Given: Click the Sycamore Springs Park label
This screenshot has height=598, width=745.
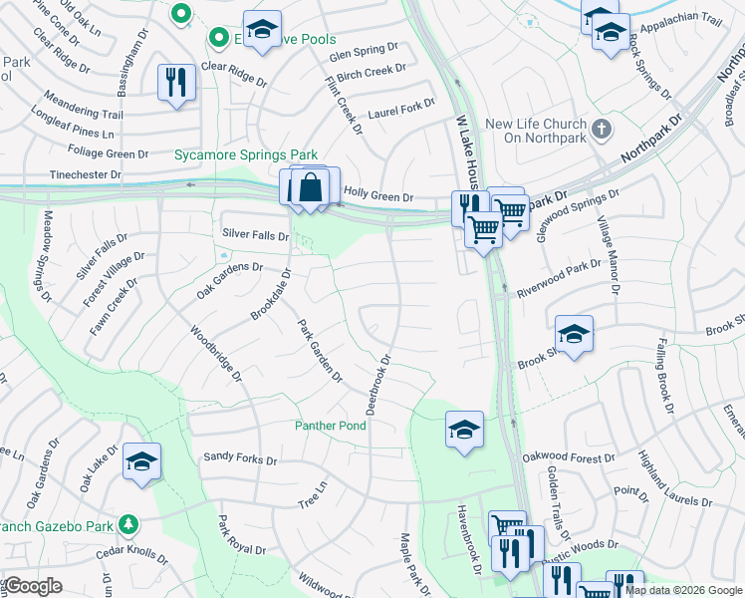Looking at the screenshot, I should (246, 154).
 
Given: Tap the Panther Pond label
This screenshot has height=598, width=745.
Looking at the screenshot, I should (331, 426).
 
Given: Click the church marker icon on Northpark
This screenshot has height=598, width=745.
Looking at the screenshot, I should (601, 129).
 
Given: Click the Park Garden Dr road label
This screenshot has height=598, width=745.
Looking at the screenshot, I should (320, 350).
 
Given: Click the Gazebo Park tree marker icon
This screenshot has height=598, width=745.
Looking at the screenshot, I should (127, 523).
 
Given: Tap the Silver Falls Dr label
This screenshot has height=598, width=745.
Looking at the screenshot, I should (256, 235).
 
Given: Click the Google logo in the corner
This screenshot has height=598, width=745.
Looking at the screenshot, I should (34, 586).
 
